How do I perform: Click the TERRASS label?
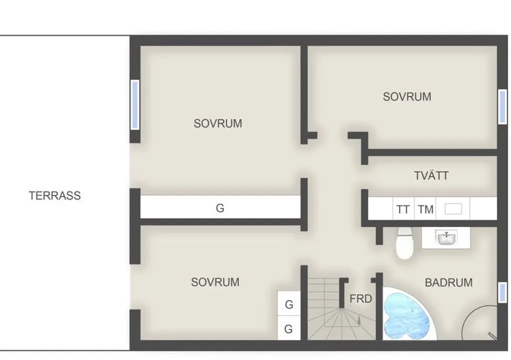[x=54, y=196]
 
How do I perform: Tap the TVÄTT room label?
[x=431, y=174]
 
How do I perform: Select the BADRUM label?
[x=448, y=282]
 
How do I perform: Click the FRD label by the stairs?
[x=361, y=299]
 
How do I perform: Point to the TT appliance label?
[x=403, y=209]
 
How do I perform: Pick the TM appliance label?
[x=426, y=209]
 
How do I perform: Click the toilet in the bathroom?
[x=404, y=244]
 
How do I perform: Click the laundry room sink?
[x=453, y=208]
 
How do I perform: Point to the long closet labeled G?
[x=220, y=207]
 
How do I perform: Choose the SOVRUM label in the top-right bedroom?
[x=407, y=97]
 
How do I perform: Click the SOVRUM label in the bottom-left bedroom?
[x=215, y=282]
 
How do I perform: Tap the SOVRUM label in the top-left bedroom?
[x=218, y=124]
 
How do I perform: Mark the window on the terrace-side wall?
[x=135, y=105]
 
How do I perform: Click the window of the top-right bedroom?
[x=502, y=107]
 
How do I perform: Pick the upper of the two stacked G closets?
[x=289, y=304]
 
